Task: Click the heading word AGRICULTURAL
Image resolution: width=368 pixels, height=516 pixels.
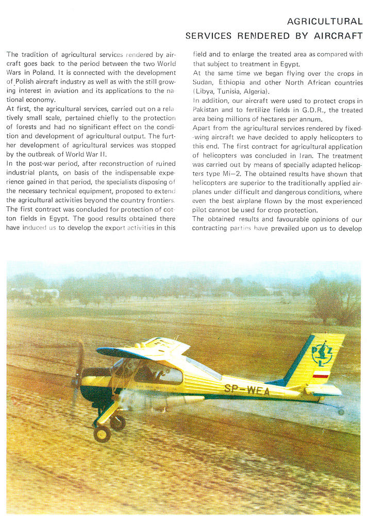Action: click(325, 22)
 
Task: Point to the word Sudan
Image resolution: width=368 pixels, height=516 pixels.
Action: click(204, 83)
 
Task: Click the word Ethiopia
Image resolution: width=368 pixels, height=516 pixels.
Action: click(235, 83)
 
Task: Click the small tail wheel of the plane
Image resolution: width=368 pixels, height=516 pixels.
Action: click(341, 412)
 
